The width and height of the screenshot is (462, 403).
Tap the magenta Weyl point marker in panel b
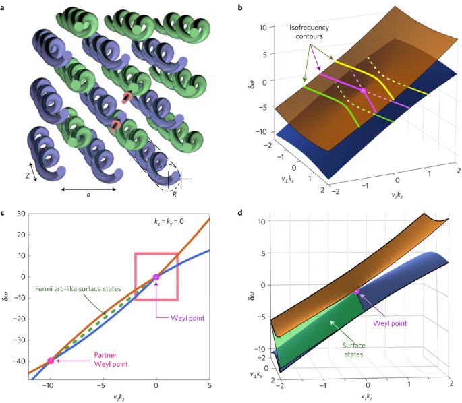[363, 90]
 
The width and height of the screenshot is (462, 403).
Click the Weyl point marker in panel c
[156, 276]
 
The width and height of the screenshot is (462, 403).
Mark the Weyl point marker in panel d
[357, 292]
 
